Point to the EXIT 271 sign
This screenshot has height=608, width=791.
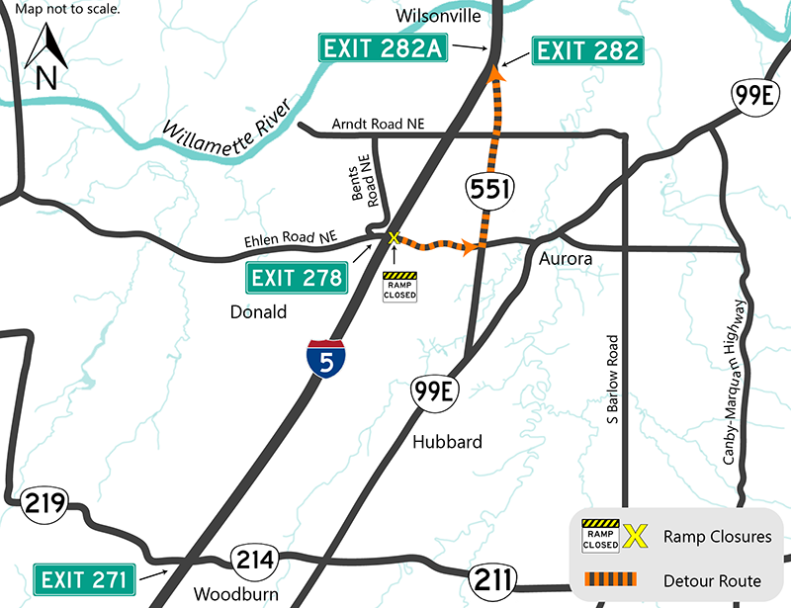click(x=84, y=579)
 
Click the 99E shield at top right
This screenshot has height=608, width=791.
click(x=753, y=98)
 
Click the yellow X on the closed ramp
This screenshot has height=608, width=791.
click(x=393, y=238)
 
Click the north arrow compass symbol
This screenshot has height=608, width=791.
click(x=45, y=57)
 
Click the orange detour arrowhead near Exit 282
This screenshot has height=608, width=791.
click(x=495, y=71)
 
